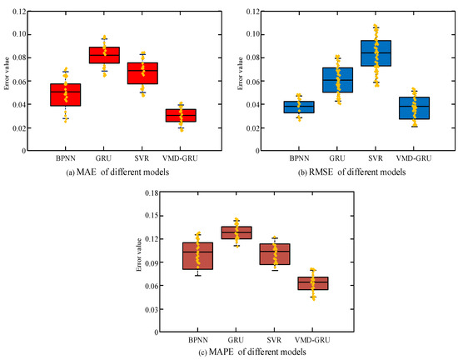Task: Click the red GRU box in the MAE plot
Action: pos(104,55)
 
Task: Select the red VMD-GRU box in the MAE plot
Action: pos(181,116)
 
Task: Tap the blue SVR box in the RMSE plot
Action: pos(376,53)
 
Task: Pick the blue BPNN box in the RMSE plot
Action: pos(299,107)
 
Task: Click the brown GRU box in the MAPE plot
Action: pos(236,232)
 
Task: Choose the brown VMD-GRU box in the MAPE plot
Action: pos(313,283)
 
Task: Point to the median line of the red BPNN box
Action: pos(66,92)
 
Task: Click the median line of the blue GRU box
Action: pos(337,80)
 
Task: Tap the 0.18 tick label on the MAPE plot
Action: pos(152,192)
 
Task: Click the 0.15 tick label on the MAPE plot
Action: pos(152,216)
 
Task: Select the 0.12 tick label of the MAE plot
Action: pos(19,12)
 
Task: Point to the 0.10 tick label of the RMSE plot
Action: pos(253,34)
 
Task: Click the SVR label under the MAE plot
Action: pos(142,158)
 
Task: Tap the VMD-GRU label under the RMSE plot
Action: pos(414,158)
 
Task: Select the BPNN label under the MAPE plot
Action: pos(198,340)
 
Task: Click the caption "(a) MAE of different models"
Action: pos(117,172)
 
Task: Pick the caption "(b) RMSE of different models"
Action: pos(351,172)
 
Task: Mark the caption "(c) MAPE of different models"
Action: pos(252,352)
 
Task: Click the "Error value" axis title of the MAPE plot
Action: pos(139,254)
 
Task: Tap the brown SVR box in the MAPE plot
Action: pos(275,254)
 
